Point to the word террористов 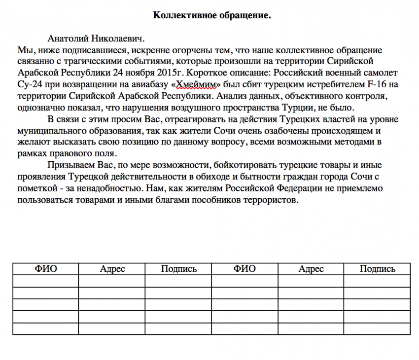(x=268, y=200)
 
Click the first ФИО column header (x=45, y=269)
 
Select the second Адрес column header (x=311, y=269)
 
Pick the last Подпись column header (x=377, y=269)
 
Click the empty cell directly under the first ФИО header (x=45, y=281)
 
